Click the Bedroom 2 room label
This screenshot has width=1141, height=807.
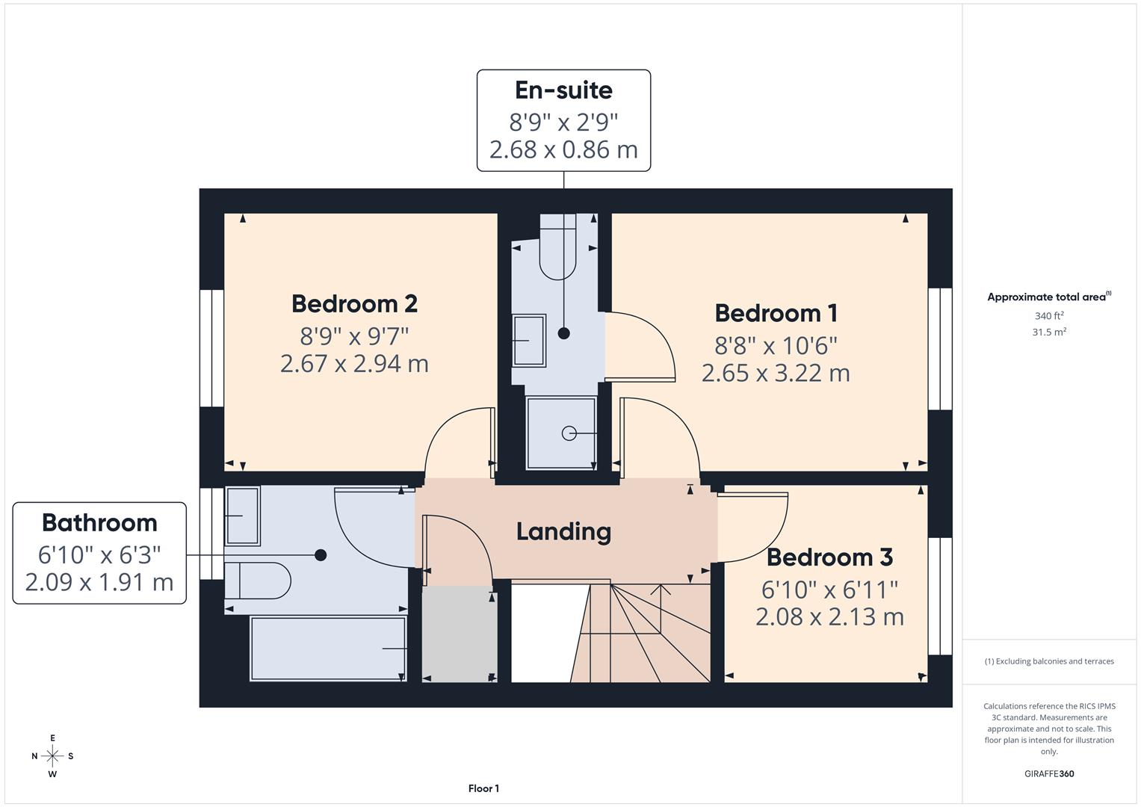(354, 303)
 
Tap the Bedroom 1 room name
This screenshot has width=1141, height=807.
(776, 312)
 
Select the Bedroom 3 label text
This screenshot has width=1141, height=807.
(829, 557)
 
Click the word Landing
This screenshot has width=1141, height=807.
(563, 531)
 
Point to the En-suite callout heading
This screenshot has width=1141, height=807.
(563, 90)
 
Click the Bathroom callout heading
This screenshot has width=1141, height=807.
(99, 522)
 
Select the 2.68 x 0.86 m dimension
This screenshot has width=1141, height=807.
(563, 149)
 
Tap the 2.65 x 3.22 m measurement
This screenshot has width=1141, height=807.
(776, 372)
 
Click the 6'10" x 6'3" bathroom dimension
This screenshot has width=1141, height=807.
(99, 554)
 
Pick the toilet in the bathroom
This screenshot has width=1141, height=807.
(258, 581)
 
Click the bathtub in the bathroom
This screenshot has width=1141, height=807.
(328, 649)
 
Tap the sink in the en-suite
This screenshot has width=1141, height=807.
(529, 340)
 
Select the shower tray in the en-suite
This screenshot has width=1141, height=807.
(561, 433)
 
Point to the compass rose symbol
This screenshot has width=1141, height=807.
(52, 756)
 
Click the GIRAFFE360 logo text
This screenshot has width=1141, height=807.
(1048, 773)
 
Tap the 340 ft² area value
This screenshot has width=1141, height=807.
(1048, 316)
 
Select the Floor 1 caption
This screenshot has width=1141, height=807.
(483, 788)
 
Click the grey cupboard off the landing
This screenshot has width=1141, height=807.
(460, 634)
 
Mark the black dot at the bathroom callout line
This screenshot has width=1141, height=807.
(321, 554)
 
